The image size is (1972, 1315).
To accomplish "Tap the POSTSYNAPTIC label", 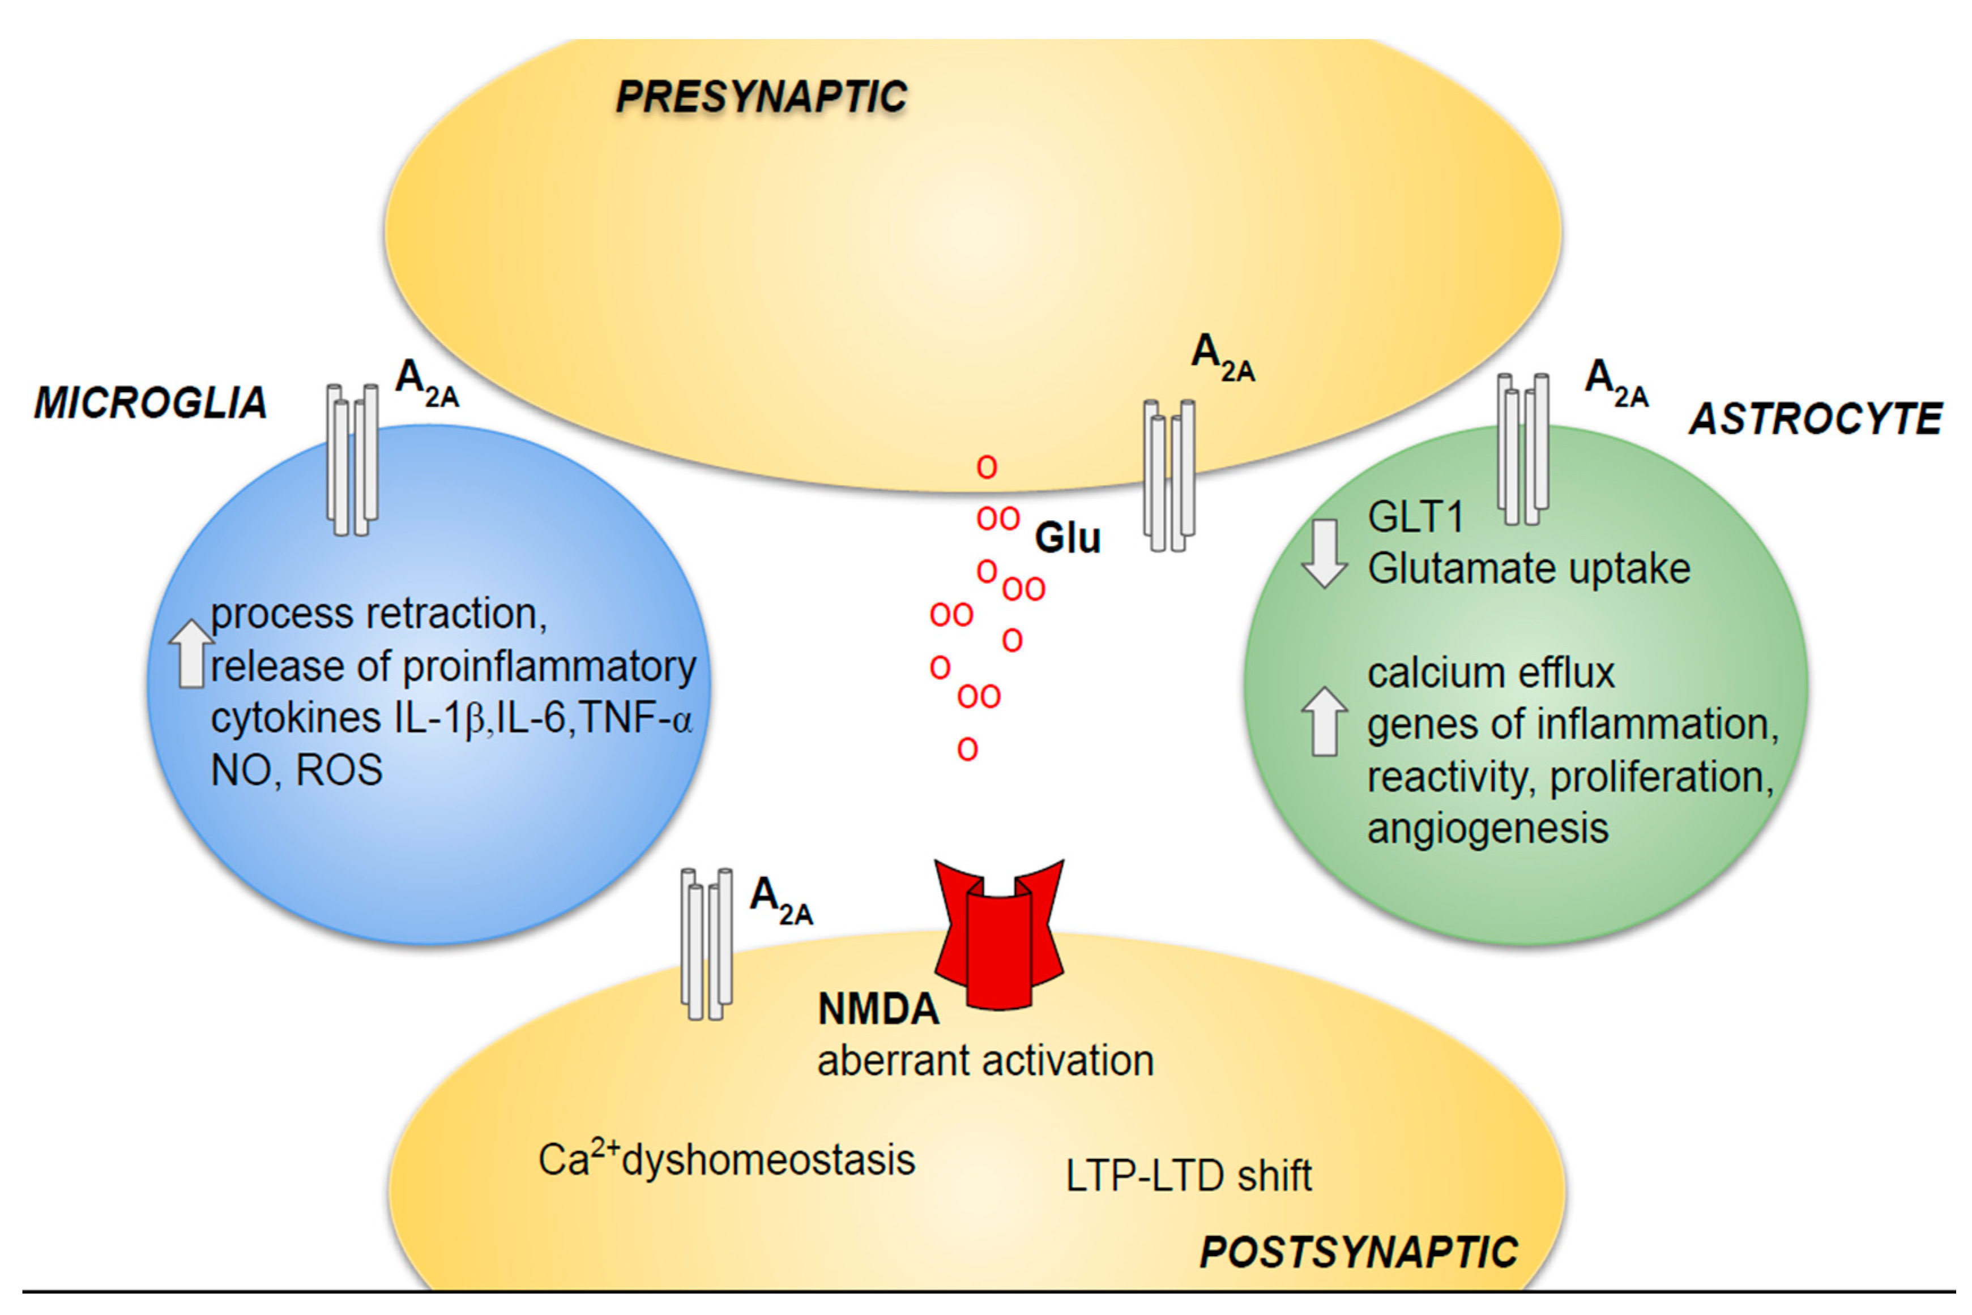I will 1358,1253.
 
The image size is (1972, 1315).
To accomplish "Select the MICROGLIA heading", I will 151,404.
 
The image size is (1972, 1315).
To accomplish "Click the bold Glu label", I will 1067,538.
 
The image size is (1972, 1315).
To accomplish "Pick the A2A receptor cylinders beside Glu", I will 1168,475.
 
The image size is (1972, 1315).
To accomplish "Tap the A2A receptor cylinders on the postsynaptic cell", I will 706,944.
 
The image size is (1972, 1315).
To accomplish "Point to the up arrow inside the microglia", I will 191,654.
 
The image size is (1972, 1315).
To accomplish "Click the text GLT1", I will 1415,517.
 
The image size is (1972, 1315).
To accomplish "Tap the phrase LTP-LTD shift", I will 1188,1176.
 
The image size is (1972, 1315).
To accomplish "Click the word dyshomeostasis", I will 769,1160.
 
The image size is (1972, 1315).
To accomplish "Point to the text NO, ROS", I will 296,770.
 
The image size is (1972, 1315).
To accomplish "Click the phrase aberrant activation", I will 985,1061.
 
